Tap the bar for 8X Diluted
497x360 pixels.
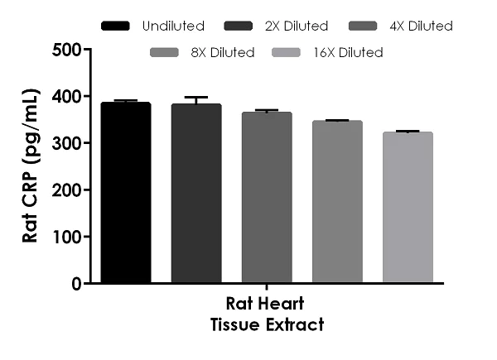[x=337, y=202]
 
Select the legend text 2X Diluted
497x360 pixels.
[x=297, y=26]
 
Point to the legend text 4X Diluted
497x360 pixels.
[x=421, y=26]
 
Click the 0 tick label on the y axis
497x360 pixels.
[x=75, y=284]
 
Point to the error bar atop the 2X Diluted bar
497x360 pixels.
[x=196, y=99]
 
